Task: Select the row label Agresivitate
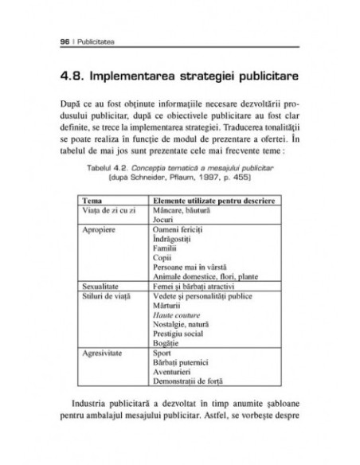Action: (103, 350)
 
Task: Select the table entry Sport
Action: (159, 350)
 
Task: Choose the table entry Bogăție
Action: (164, 340)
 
